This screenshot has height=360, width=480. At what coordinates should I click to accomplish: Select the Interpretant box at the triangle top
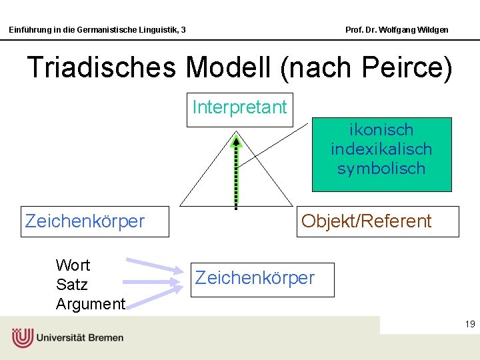(x=239, y=107)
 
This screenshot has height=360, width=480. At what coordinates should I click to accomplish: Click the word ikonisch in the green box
(x=381, y=130)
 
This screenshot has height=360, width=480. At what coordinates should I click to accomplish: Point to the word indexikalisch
(x=381, y=149)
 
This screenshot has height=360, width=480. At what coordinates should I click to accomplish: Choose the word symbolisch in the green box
(x=381, y=169)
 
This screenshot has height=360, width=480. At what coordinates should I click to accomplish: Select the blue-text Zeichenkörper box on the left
(x=95, y=221)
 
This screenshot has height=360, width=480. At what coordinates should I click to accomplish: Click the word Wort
(x=73, y=265)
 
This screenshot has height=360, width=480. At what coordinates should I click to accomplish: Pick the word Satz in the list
(x=72, y=285)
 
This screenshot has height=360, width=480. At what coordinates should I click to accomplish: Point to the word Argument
(x=91, y=305)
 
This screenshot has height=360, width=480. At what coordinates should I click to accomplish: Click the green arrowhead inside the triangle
(x=235, y=141)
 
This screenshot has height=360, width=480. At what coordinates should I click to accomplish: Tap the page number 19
(x=469, y=325)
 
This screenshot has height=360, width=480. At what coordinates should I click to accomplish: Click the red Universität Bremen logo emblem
(x=22, y=338)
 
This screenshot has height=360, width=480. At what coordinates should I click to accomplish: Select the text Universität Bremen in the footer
(x=80, y=338)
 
